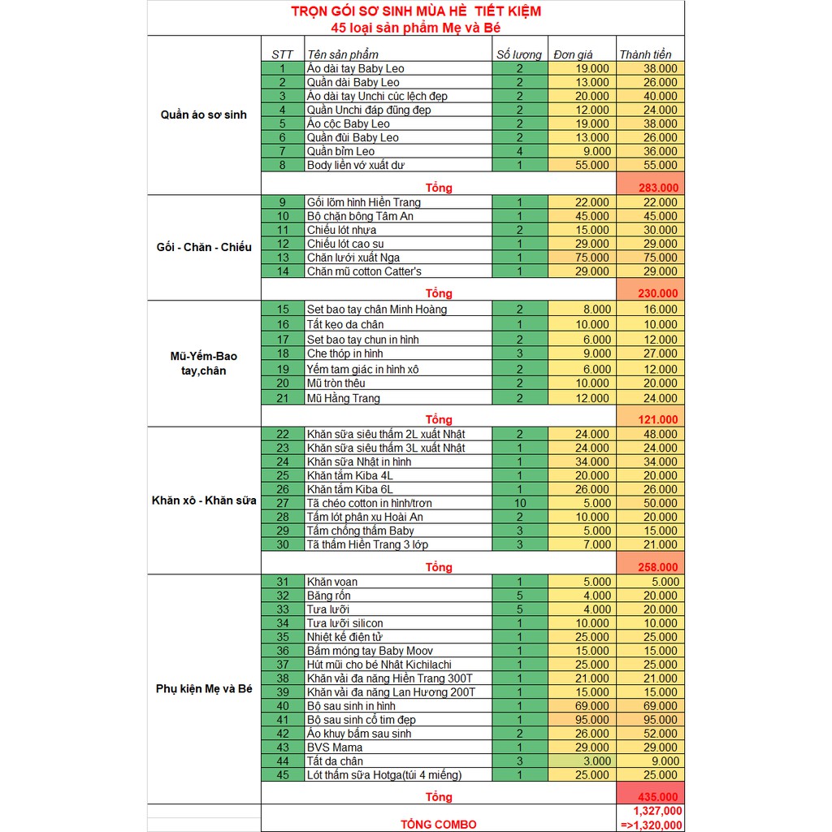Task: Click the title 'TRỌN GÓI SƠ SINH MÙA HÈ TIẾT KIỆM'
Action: tap(416, 12)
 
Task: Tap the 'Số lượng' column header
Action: tap(519, 54)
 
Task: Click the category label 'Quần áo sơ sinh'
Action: tap(204, 115)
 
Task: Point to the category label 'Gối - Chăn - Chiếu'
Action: tap(204, 247)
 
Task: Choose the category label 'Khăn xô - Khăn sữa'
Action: tap(204, 500)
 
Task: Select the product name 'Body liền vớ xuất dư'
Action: tap(356, 165)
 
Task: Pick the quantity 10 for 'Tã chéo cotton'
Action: tap(520, 503)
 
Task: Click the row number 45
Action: tap(283, 775)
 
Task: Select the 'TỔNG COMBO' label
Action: tap(438, 824)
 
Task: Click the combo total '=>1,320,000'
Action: tap(651, 824)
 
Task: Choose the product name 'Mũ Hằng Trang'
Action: tap(344, 398)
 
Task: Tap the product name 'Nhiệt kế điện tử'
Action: tap(344, 637)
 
